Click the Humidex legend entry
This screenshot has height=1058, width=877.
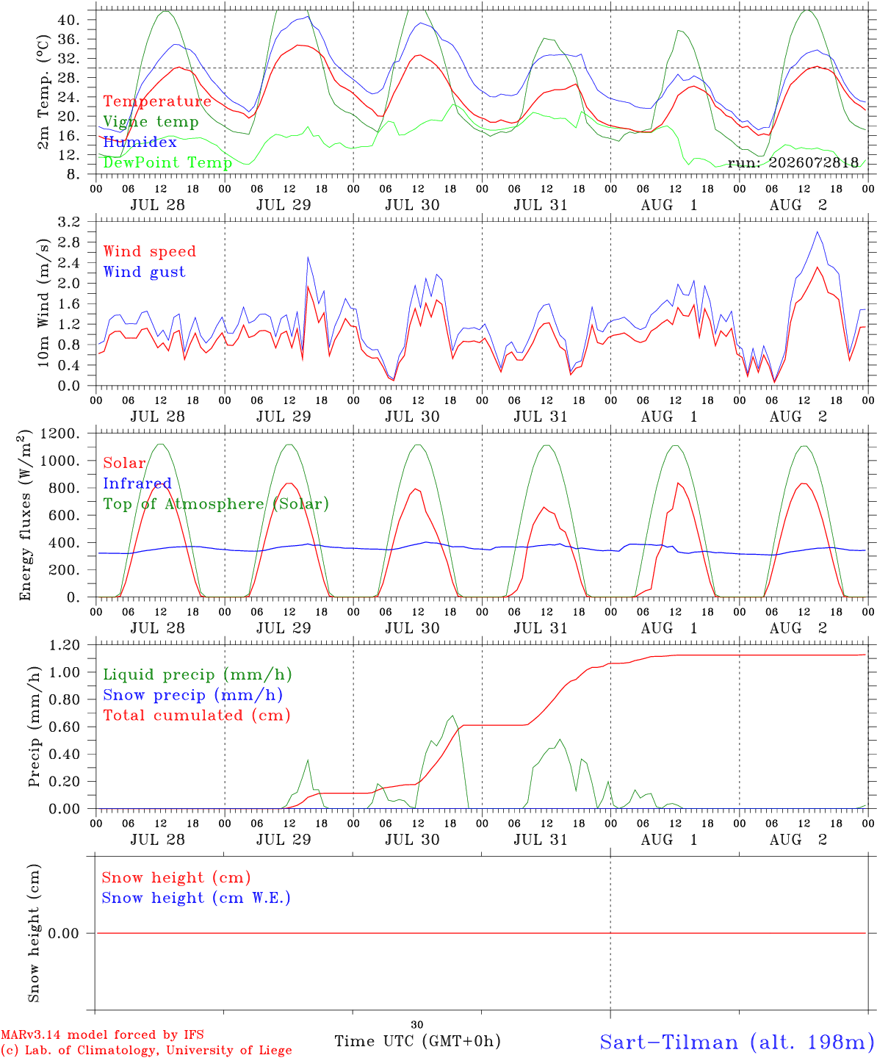tap(140, 142)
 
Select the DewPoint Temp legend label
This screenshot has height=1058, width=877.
tap(167, 162)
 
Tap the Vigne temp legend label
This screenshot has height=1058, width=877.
tap(151, 122)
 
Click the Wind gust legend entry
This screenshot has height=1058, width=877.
tap(145, 272)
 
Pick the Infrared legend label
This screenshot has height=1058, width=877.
tap(137, 483)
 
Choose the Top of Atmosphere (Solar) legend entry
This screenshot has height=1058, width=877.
tap(217, 504)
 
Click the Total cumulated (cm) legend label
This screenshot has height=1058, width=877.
tap(197, 716)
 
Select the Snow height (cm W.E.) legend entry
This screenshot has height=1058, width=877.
tap(196, 898)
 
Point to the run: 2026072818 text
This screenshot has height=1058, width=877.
tap(793, 162)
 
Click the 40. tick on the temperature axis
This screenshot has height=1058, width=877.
tap(69, 21)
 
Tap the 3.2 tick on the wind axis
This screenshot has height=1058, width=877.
tap(69, 222)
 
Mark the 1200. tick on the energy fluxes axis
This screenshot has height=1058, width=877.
tap(60, 433)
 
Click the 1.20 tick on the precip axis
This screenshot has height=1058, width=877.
tap(65, 645)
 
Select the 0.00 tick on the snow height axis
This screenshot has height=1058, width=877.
tap(64, 933)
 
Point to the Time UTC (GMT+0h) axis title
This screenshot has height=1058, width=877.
tap(418, 1041)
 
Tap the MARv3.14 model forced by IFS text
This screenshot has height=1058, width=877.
tap(102, 1034)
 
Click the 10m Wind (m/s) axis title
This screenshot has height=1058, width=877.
tap(44, 303)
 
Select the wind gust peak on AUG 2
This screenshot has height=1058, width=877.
tap(817, 232)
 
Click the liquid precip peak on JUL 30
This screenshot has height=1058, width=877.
tap(452, 716)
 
